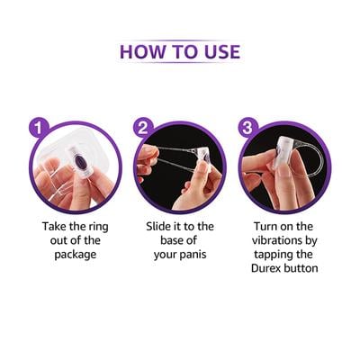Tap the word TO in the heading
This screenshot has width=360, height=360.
click(x=181, y=49)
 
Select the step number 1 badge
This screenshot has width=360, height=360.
click(x=36, y=127)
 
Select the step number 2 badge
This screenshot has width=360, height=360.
click(x=142, y=127)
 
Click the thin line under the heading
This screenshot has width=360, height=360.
click(x=180, y=65)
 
